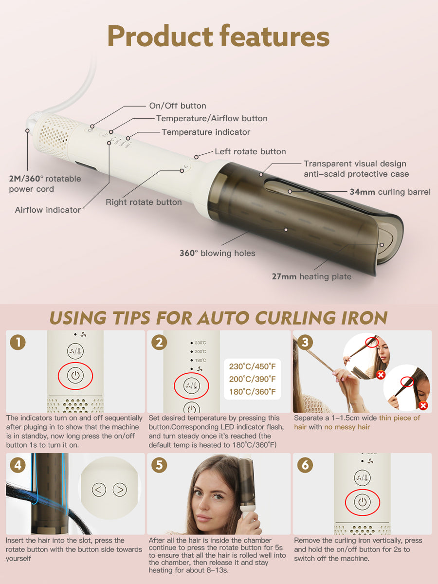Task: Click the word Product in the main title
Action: (160, 36)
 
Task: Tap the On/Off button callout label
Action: (178, 106)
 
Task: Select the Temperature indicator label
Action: (206, 132)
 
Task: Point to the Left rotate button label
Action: (250, 151)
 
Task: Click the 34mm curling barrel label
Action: (390, 192)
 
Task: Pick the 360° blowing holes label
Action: (217, 253)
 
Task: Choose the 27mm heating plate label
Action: (311, 276)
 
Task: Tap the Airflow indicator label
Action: (48, 210)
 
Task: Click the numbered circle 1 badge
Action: (18, 342)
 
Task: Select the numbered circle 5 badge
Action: (159, 465)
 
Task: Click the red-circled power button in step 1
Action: (75, 375)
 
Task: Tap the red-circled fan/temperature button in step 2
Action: (191, 385)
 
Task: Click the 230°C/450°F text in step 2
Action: (253, 366)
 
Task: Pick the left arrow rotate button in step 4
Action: (99, 489)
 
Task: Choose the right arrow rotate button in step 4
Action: (120, 489)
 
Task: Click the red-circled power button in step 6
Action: (363, 502)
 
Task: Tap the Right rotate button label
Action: (144, 202)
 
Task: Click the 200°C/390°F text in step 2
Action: (253, 379)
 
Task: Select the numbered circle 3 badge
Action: (305, 342)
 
